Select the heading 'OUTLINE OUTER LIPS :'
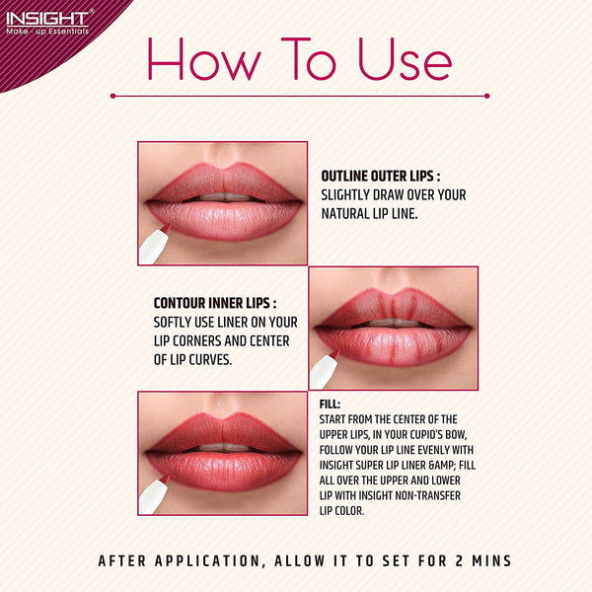pos(380,176)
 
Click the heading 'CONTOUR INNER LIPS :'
pos(214,303)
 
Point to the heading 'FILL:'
pos(331,405)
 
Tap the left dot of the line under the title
pos(112,96)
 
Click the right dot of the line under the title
pos(487,96)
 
